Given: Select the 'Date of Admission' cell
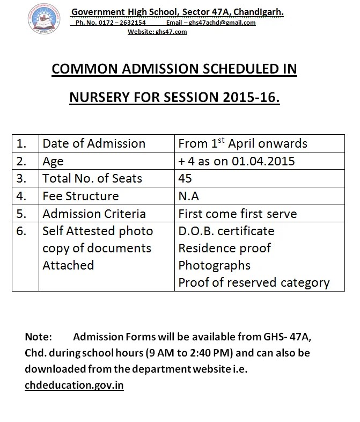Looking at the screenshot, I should [x=94, y=143].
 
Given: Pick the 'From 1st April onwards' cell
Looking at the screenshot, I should [x=243, y=143].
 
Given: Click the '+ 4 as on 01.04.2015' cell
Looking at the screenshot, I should [x=237, y=161].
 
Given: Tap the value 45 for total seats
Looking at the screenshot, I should [x=185, y=178].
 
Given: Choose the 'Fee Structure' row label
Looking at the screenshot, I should [x=80, y=196].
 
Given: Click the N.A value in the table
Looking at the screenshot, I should [x=188, y=196].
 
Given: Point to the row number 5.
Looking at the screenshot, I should [x=21, y=213].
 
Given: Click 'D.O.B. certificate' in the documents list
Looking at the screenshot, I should [x=226, y=231].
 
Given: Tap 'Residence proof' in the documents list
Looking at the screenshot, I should [x=224, y=248].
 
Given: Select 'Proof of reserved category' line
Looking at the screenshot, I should [x=254, y=282].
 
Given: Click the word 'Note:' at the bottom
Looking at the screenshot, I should [x=38, y=337].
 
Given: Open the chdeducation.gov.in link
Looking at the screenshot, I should [x=74, y=385].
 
